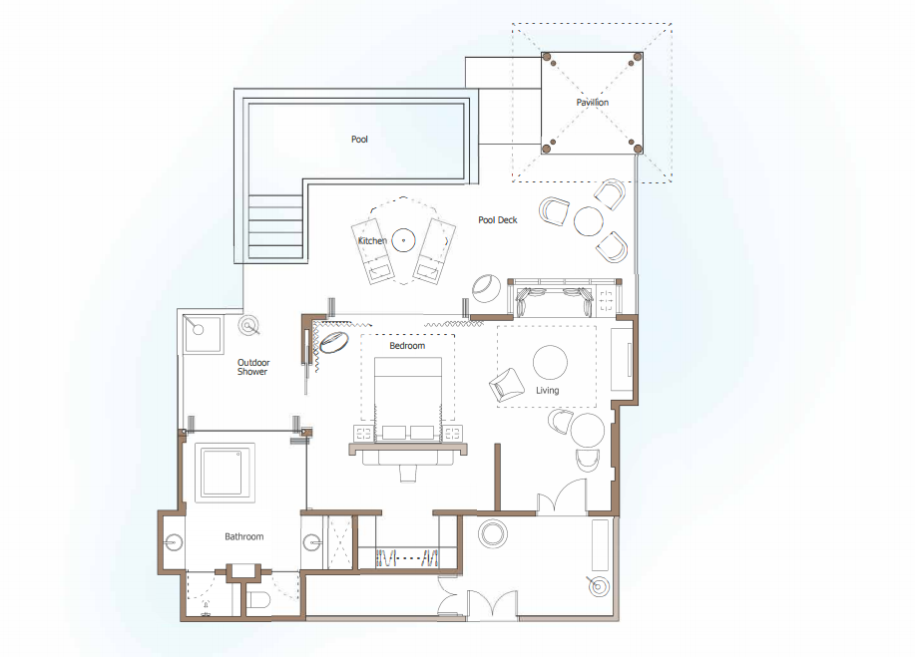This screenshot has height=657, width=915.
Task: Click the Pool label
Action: pyautogui.click(x=359, y=140)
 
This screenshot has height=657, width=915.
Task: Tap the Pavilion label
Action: pyautogui.click(x=593, y=102)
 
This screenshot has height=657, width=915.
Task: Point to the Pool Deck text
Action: pyautogui.click(x=498, y=219)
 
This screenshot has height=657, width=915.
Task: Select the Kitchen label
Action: pyautogui.click(x=372, y=240)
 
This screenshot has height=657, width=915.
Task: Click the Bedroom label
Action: pyautogui.click(x=407, y=346)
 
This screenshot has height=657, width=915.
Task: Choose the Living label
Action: pyautogui.click(x=548, y=391)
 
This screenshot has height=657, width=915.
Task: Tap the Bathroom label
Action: pyautogui.click(x=243, y=536)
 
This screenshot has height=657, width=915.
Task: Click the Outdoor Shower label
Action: pyautogui.click(x=253, y=367)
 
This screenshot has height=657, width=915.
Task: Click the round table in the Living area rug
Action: pyautogui.click(x=550, y=362)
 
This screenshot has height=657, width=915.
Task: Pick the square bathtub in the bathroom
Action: pyautogui.click(x=225, y=473)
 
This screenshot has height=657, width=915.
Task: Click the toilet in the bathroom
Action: pyautogui.click(x=257, y=600)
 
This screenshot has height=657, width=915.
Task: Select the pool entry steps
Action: pyautogui.click(x=275, y=226)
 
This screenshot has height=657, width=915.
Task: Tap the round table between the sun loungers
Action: pyautogui.click(x=403, y=240)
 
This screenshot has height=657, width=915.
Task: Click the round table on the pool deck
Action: pyautogui.click(x=589, y=221)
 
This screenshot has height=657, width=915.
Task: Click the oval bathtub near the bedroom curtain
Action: pyautogui.click(x=334, y=342)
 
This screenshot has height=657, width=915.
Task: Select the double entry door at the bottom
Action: pyautogui.click(x=492, y=604)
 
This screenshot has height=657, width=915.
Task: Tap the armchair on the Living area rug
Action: pyautogui.click(x=506, y=385)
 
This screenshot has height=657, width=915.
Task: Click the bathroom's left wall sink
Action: pyautogui.click(x=174, y=542)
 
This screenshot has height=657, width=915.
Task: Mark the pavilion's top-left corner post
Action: pyautogui.click(x=546, y=57)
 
